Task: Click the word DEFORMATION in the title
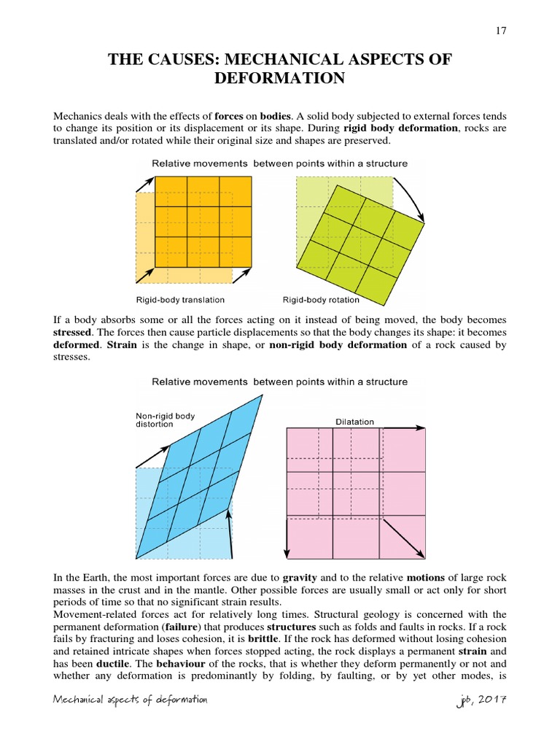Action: (x=280, y=78)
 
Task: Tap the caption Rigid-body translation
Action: (x=180, y=300)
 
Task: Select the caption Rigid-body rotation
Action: (x=321, y=300)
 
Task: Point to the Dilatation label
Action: (x=354, y=422)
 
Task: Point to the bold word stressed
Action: (x=75, y=333)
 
